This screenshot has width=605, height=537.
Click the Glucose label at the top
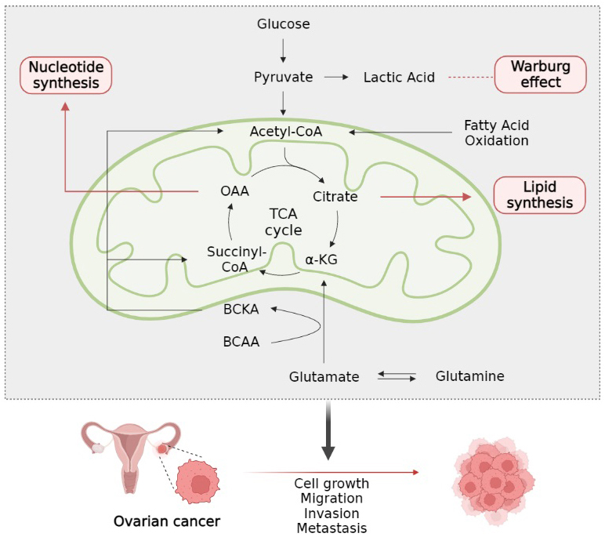[284, 24]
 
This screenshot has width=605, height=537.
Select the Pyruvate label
[284, 78]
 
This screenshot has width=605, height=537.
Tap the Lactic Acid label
[399, 78]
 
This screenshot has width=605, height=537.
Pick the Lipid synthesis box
[540, 194]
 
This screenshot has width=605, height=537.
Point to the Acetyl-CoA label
[286, 132]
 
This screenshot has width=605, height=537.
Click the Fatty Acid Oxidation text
[496, 133]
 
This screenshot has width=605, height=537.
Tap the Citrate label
[335, 197]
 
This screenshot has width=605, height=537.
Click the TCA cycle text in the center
[283, 222]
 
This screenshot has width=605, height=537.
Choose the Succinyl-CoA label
[237, 258]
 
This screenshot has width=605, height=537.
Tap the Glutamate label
[324, 376]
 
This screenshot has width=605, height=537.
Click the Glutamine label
[469, 376]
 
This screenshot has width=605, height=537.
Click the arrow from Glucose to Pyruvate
[284, 50]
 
